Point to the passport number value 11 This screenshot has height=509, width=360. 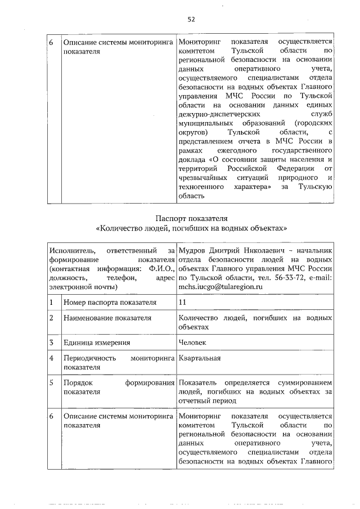coord(182,302)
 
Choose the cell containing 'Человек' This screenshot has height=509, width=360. coord(192,342)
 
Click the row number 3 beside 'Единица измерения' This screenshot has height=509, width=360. coord(51,342)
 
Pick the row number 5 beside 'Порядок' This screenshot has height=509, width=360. coord(51,382)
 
